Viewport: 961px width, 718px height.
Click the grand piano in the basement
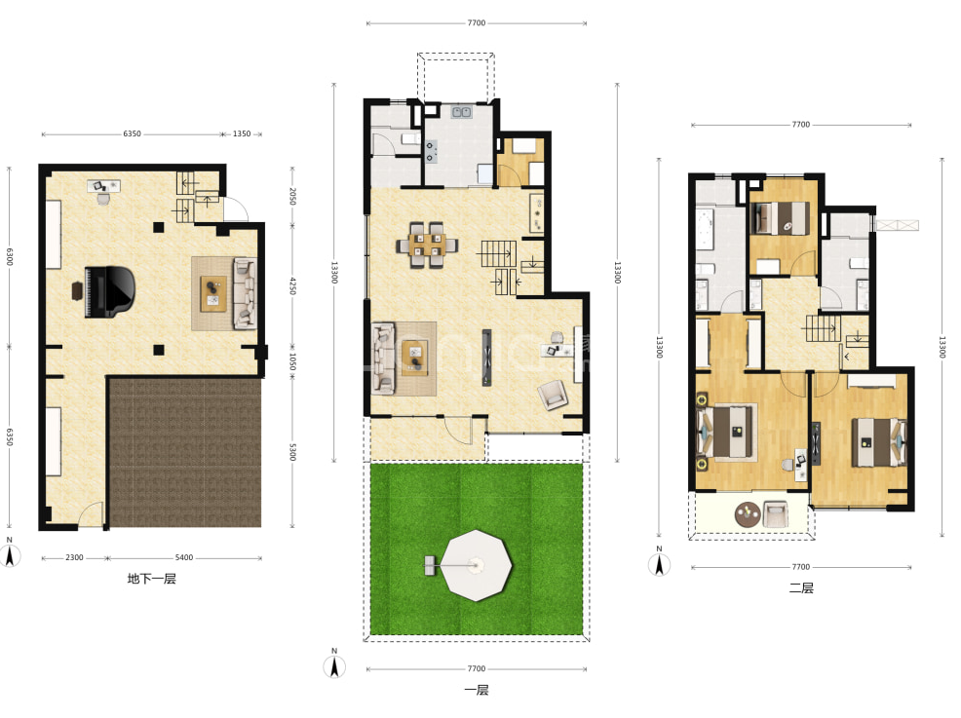point(109,291)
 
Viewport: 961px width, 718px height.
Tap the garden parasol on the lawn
point(477,565)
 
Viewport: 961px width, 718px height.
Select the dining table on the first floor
point(427,246)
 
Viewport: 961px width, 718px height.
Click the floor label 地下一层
point(151,579)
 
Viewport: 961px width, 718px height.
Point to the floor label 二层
point(801,588)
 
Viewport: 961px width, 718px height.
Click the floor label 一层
point(477,691)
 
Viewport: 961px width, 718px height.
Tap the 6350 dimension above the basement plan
point(132,133)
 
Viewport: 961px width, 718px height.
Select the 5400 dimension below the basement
point(184,557)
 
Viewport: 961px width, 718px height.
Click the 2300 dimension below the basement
point(74,557)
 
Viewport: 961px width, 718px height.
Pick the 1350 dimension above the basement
point(242,133)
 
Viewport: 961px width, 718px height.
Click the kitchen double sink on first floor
point(461,111)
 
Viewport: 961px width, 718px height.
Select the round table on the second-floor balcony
point(748,514)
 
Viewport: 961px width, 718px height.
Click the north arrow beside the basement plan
point(9,555)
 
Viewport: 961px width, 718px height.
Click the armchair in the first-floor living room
point(553,395)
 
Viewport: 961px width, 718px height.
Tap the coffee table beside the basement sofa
point(213,293)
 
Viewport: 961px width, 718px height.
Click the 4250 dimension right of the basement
point(292,286)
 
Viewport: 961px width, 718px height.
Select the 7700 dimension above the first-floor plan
point(477,23)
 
